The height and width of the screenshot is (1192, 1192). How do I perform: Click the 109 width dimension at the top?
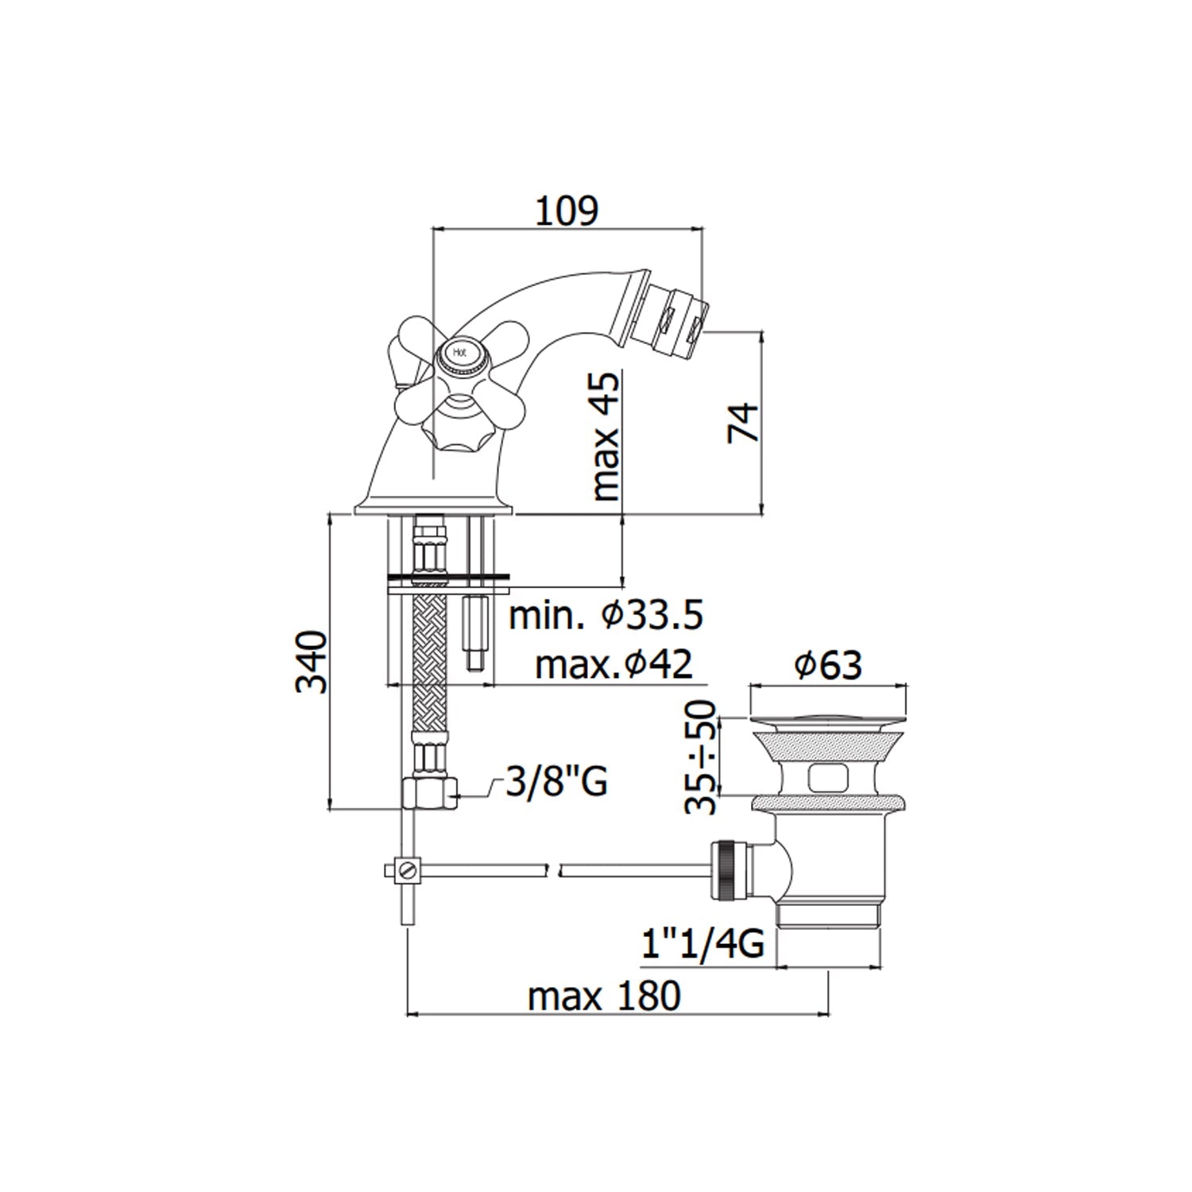coord(567,211)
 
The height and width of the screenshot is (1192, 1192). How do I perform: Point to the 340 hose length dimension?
coord(312,661)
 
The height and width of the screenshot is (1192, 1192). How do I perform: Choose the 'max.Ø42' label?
coord(613,664)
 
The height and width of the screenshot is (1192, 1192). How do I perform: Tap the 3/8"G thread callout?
coord(556,782)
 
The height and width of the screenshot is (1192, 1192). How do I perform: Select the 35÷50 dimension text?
coord(701,757)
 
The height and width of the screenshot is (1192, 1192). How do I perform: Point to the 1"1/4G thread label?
coord(702,944)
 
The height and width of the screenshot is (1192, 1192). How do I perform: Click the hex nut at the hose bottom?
coord(429,791)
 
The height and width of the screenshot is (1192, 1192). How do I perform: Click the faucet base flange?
coord(433,511)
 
